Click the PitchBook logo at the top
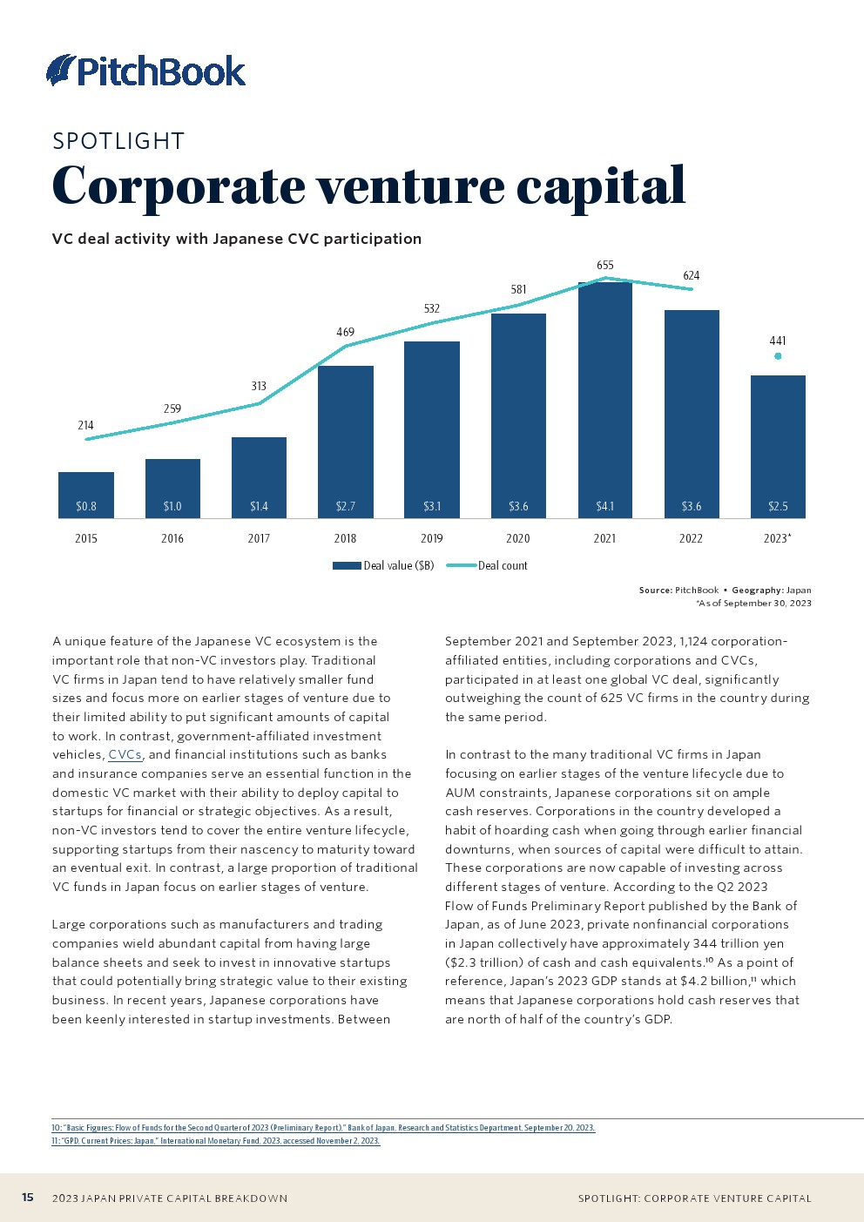coord(146,71)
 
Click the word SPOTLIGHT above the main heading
coord(118,141)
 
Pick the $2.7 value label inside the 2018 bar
coord(345,506)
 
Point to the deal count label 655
coord(605,265)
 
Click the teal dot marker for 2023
coord(778,356)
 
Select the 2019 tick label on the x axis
coord(432,538)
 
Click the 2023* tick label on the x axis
coord(777,538)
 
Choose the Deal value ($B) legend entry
coord(384,566)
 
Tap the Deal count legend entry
coord(488,566)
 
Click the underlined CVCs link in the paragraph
coord(125,755)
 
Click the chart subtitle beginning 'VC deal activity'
coord(237,239)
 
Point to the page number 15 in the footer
coord(28,1198)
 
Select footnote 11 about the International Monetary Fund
coord(216,1141)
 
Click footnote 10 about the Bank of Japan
coord(323,1128)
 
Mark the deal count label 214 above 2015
coord(85,425)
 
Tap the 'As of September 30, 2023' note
coord(754,603)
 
